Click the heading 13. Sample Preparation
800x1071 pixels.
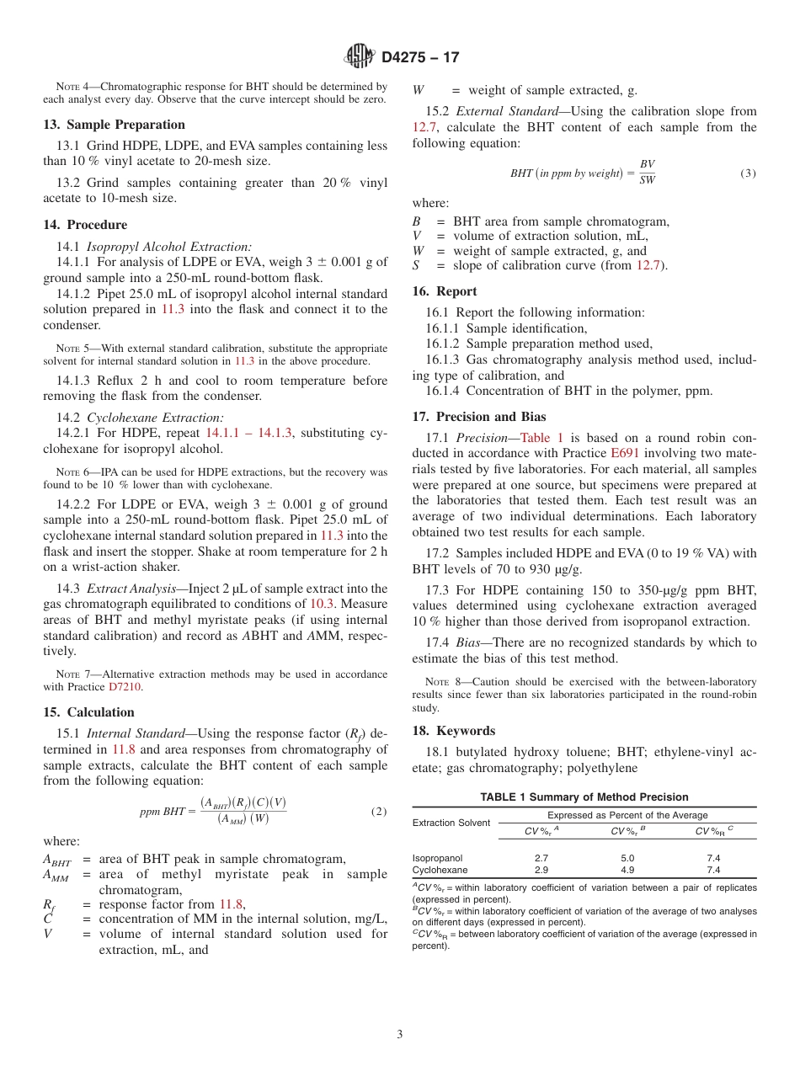click(x=114, y=125)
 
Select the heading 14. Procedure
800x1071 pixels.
click(x=85, y=225)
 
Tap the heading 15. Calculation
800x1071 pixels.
click(x=88, y=712)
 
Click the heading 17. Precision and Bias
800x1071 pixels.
click(x=479, y=417)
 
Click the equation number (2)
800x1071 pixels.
click(x=379, y=812)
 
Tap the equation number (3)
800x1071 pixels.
click(x=748, y=173)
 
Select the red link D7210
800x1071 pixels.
click(x=125, y=687)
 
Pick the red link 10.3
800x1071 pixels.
click(x=323, y=604)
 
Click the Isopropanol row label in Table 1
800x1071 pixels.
click(x=437, y=858)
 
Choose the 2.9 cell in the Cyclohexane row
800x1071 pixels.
click(x=541, y=870)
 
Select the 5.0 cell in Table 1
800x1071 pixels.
click(x=627, y=858)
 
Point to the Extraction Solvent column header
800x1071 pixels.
click(x=451, y=823)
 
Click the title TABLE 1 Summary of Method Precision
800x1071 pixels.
click(x=584, y=797)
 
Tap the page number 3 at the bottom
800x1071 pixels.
click(x=400, y=1033)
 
